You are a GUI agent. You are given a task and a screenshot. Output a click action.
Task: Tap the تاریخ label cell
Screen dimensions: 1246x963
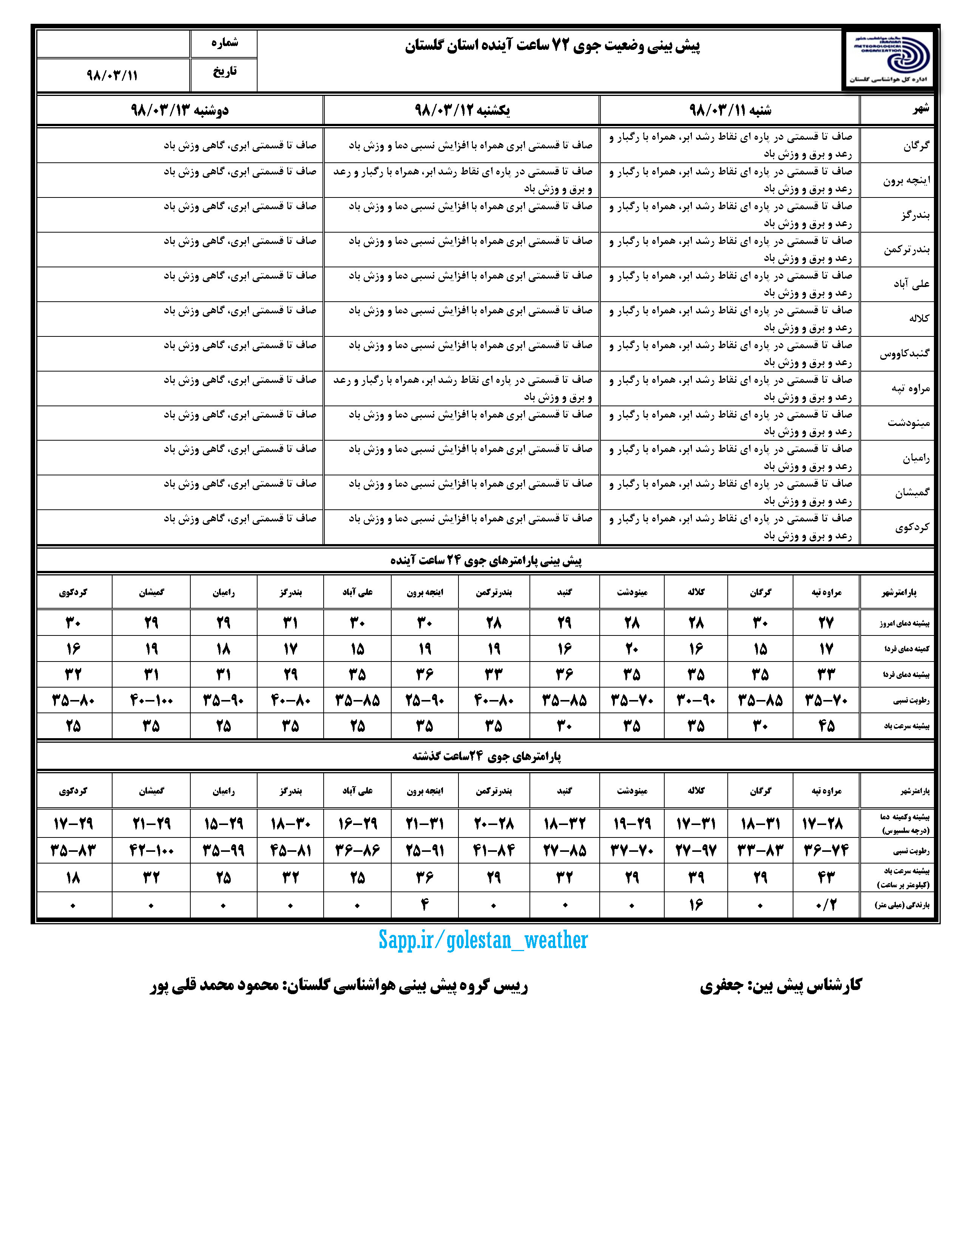224,72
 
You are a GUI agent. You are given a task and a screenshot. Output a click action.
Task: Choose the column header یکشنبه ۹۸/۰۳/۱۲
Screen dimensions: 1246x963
461,110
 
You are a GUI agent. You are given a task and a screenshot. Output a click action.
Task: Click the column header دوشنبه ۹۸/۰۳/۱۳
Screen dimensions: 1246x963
180,110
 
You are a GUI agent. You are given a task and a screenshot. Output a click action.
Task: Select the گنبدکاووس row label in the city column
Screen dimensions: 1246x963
904,354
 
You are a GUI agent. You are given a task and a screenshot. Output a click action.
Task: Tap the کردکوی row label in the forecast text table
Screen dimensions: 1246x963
912,527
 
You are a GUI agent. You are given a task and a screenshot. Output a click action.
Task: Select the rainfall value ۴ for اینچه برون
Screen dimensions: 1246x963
424,905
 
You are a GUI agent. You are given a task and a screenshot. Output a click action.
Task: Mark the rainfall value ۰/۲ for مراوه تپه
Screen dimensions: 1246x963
826,905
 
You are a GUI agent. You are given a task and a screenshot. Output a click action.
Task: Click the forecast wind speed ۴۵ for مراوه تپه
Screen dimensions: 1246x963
826,726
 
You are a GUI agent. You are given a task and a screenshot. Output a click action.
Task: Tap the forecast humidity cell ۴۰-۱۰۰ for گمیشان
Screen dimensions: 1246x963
151,700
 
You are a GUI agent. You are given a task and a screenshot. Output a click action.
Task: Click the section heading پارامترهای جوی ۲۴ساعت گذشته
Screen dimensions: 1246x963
486,757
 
